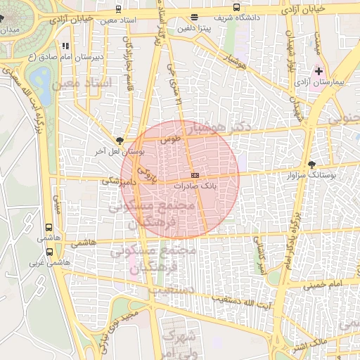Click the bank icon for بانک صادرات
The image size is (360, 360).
point(195,175)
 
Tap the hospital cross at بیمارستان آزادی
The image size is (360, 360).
point(319,72)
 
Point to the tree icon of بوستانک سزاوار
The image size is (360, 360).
point(312,165)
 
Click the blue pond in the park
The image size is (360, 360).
point(40,77)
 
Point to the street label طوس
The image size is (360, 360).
point(169,140)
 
